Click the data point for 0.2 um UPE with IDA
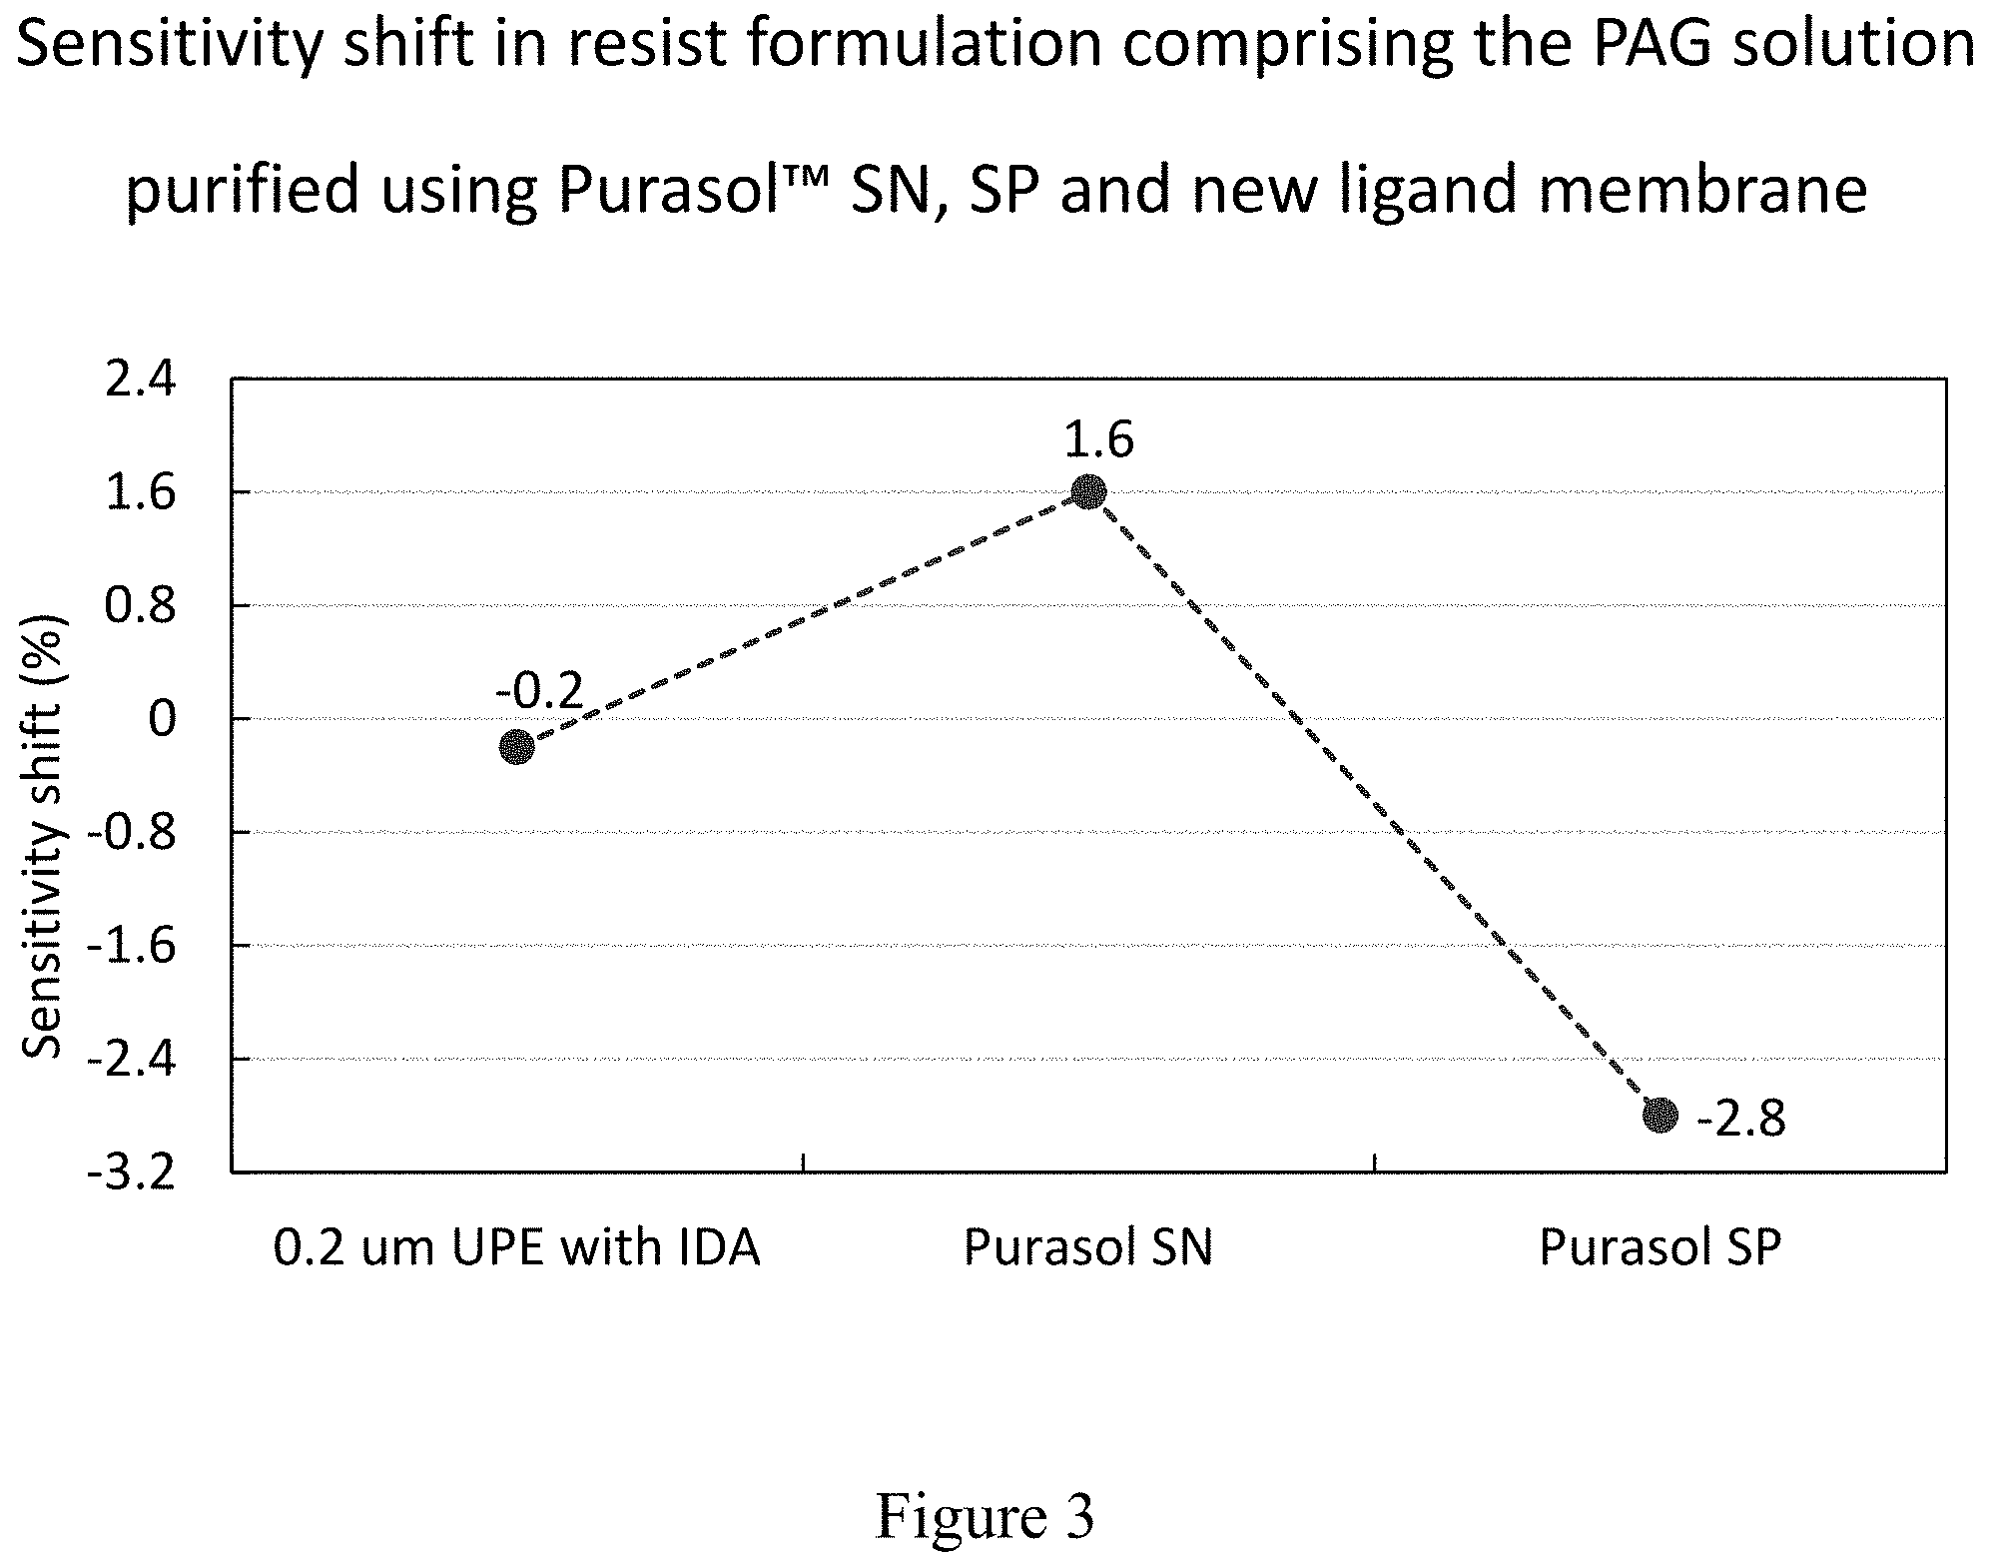click(x=516, y=746)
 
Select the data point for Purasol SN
click(x=1088, y=492)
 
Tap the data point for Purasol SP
click(x=1660, y=1115)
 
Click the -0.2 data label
click(x=538, y=690)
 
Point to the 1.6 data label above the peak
click(x=1098, y=439)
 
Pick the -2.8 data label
click(x=1740, y=1120)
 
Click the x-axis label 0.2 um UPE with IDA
click(x=516, y=1248)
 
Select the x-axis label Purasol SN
click(x=1088, y=1248)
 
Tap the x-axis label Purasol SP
click(x=1660, y=1248)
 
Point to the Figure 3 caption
click(x=986, y=1490)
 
